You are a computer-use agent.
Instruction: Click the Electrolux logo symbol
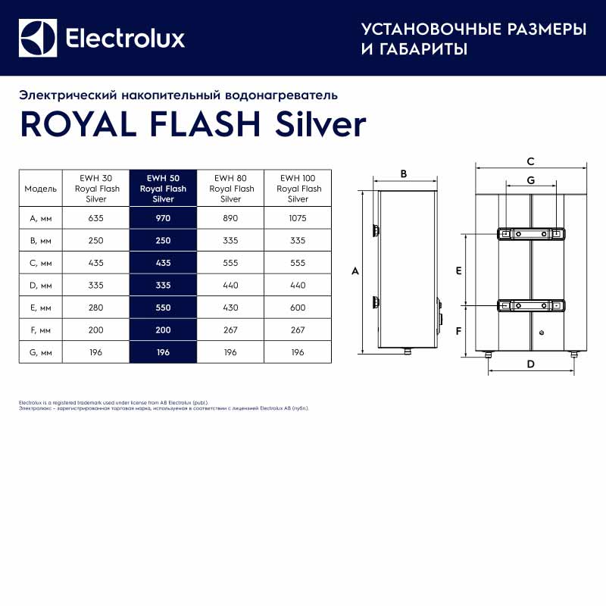pos(38,38)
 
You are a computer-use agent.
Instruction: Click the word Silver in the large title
pos(320,124)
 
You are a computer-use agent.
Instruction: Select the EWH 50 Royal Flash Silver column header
pos(163,189)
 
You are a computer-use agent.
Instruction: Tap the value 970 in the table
pos(163,218)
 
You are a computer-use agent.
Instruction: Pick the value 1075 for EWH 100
pos(298,218)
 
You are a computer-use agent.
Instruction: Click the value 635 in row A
pos(95,218)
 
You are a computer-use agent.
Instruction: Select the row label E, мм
pos(38,308)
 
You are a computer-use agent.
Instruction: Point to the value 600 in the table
pos(298,308)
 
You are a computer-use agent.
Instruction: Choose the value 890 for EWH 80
pos(230,218)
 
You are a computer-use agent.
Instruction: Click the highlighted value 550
pos(163,308)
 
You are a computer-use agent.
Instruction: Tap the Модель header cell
pos(41,189)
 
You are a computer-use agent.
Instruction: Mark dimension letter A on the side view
pos(355,271)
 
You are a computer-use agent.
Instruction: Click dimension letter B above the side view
pos(404,173)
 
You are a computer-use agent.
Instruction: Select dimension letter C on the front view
pos(531,161)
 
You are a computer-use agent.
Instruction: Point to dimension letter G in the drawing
pos(531,180)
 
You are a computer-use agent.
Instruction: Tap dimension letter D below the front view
pos(531,364)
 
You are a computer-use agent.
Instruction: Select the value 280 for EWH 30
pos(95,308)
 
